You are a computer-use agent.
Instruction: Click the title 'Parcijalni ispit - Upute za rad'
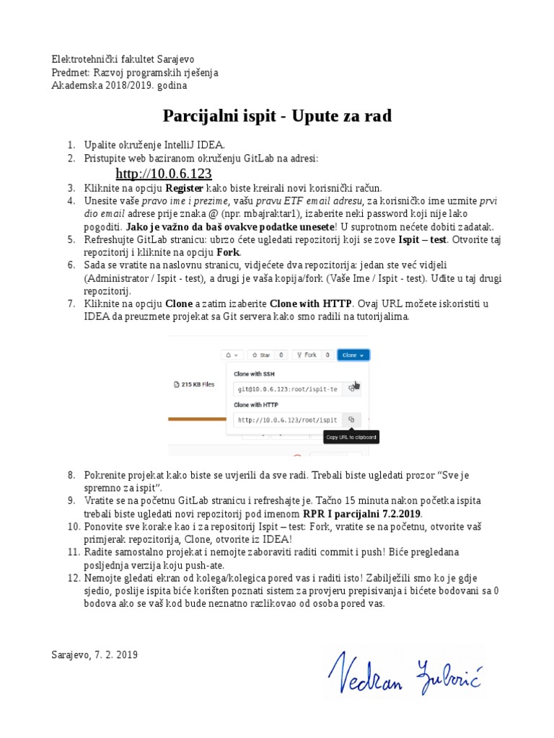pyautogui.click(x=277, y=116)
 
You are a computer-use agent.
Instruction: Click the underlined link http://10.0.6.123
pyautogui.click(x=163, y=174)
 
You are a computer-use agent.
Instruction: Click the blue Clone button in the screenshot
pyautogui.click(x=354, y=355)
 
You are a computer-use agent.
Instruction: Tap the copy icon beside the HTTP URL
pyautogui.click(x=351, y=419)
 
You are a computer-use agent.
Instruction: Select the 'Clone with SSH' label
pyautogui.click(x=254, y=373)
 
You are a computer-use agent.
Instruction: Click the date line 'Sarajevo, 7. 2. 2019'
pyautogui.click(x=94, y=654)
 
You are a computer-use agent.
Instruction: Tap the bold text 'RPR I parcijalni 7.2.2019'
pyautogui.click(x=362, y=513)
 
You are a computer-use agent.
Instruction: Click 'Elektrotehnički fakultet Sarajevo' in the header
pyautogui.click(x=123, y=59)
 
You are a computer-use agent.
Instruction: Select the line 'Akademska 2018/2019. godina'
pyautogui.click(x=119, y=85)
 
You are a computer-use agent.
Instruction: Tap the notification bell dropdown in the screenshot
pyautogui.click(x=232, y=355)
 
